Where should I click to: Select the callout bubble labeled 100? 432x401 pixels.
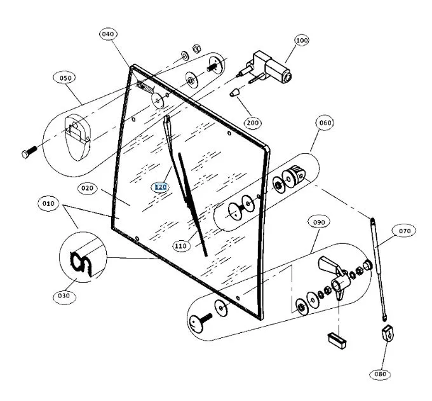[x=301, y=40]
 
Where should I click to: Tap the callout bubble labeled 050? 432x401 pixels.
[x=65, y=78]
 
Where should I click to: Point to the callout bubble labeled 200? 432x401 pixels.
[x=253, y=122]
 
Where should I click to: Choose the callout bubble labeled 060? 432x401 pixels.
[x=325, y=123]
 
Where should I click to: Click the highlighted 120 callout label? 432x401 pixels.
[x=160, y=187]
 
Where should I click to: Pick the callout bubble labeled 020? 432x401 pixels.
[x=88, y=188]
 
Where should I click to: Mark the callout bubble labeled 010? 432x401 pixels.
[x=48, y=204]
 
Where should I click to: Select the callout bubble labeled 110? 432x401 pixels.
[x=181, y=245]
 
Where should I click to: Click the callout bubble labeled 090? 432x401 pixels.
[x=318, y=222]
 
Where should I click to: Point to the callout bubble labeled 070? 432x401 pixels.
[x=403, y=231]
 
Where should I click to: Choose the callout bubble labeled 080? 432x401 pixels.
[x=380, y=374]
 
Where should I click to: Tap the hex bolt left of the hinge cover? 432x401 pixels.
[x=29, y=153]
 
